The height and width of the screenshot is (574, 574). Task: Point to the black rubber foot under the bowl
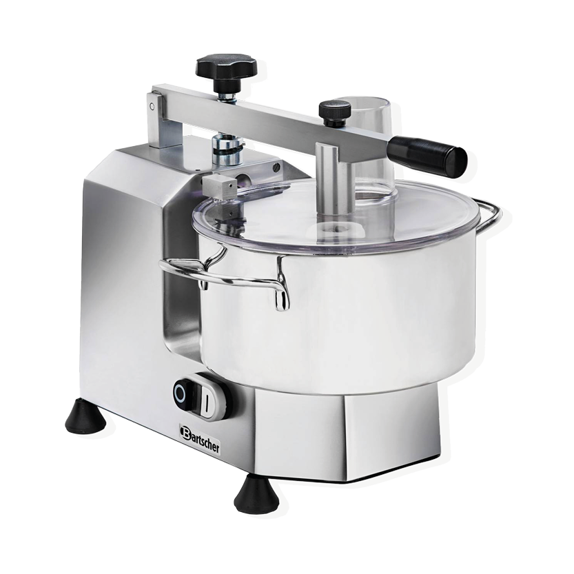(254, 491)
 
